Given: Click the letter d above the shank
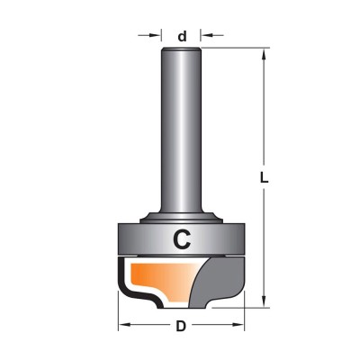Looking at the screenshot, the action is [182, 37].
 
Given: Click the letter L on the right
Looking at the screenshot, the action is [264, 178].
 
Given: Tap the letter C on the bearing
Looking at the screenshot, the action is [182, 239].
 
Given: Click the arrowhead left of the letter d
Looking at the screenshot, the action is [155, 35].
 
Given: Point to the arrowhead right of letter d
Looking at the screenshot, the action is [206, 35].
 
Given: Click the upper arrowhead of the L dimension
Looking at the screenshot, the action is [264, 55].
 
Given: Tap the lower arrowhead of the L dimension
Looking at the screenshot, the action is [264, 301].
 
